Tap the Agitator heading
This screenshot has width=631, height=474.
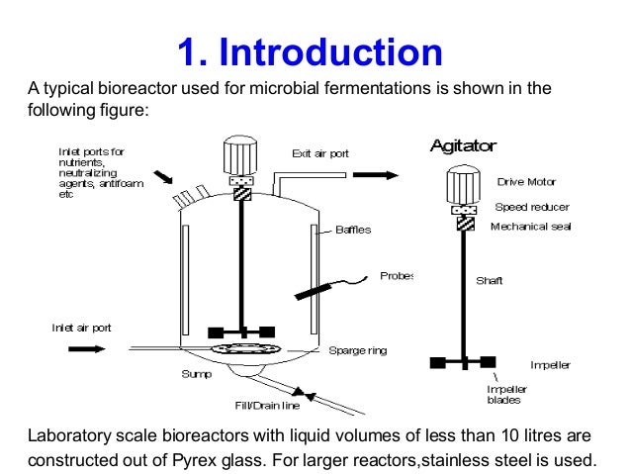coord(462,145)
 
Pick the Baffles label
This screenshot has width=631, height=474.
coord(353,230)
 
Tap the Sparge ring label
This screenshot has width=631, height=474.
coord(357,350)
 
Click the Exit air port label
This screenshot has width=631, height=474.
coord(319,153)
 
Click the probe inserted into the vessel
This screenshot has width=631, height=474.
coord(316,289)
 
